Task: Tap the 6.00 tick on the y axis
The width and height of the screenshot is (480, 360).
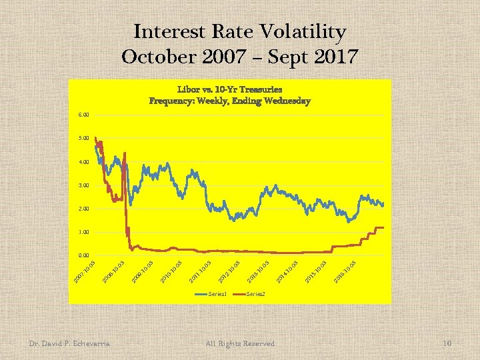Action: pyautogui.click(x=83, y=115)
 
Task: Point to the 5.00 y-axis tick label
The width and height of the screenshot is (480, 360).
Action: pyautogui.click(x=83, y=138)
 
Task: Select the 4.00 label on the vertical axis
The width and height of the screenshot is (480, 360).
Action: pyautogui.click(x=83, y=162)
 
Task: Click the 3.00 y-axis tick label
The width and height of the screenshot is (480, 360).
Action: pyautogui.click(x=83, y=185)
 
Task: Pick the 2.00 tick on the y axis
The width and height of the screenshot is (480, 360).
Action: pyautogui.click(x=83, y=209)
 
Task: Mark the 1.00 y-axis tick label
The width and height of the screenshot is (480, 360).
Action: pyautogui.click(x=83, y=232)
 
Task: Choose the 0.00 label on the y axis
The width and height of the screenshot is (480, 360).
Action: pyautogui.click(x=83, y=255)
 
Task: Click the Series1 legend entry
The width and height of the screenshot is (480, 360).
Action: pyautogui.click(x=218, y=294)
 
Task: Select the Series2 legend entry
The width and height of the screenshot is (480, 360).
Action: pyautogui.click(x=256, y=294)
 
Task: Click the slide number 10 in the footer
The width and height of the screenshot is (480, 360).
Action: pyautogui.click(x=447, y=343)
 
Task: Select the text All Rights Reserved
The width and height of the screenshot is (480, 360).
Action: pyautogui.click(x=241, y=343)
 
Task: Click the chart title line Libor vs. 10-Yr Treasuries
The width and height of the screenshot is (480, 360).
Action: pyautogui.click(x=229, y=89)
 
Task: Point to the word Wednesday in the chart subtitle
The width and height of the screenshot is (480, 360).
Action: pyautogui.click(x=286, y=101)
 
